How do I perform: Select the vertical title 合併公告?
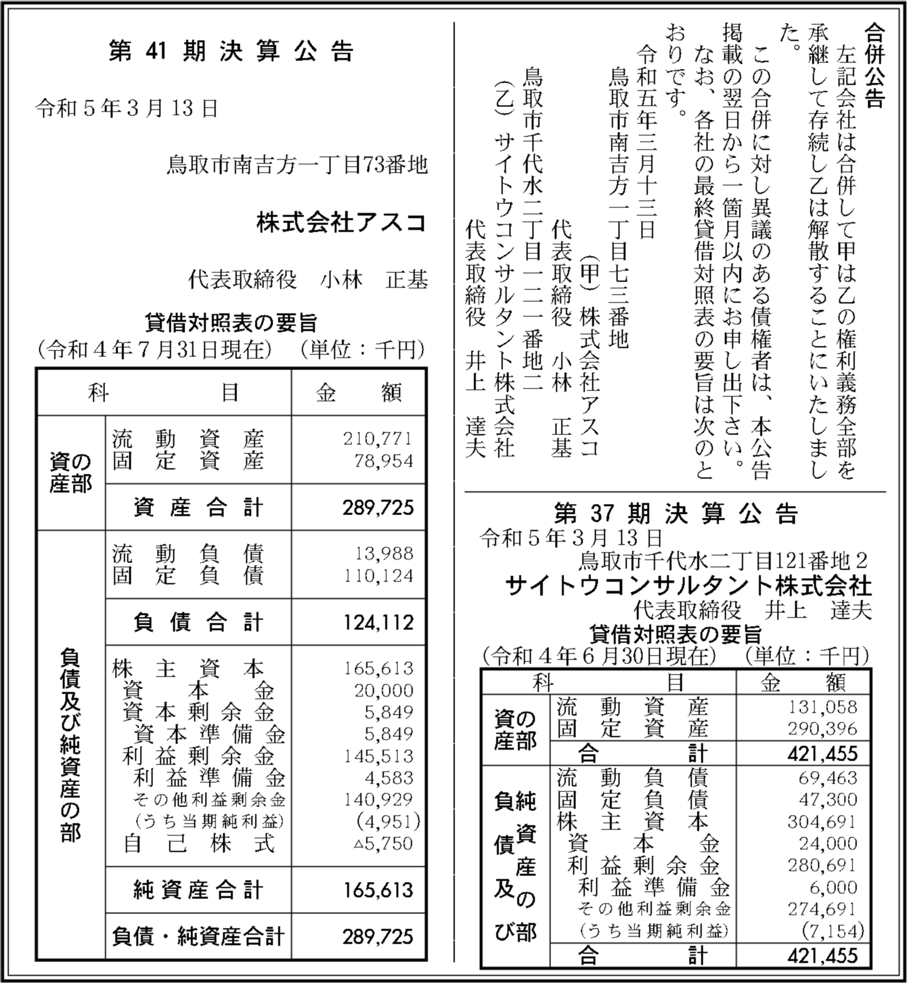874,66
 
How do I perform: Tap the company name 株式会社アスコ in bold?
342,223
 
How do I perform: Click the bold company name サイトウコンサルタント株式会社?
688,585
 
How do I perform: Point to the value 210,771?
378,438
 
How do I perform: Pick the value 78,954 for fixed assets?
384,461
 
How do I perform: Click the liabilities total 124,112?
378,622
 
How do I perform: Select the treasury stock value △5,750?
384,843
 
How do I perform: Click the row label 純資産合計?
198,890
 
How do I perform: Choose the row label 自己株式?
199,844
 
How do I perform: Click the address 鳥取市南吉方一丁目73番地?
297,165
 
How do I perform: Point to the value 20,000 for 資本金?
384,690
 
